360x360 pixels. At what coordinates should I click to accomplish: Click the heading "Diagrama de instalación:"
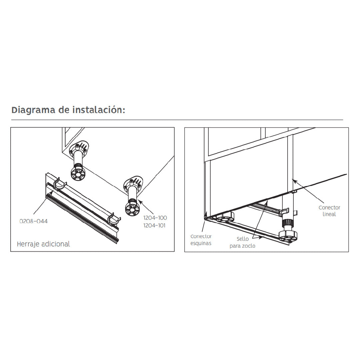68,110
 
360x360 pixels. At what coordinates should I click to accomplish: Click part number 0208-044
34,221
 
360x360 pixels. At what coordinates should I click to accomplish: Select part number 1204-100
155,218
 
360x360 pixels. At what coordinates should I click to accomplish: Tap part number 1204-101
154,225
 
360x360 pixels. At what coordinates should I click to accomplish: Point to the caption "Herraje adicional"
43,244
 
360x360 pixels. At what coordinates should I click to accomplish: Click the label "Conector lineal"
329,211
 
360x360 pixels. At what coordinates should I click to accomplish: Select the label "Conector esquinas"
201,240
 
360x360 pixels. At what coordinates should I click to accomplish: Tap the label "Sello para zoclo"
242,242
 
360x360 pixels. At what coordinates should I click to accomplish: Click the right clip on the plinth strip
114,219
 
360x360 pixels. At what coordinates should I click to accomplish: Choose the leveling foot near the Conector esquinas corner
225,217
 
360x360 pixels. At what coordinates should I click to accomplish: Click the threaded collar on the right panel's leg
287,223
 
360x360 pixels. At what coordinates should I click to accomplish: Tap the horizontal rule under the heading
177,120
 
